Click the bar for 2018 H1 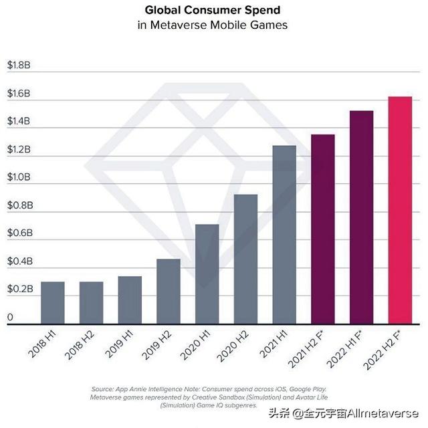click(x=53, y=303)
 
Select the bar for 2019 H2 click(x=169, y=292)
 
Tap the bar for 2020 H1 click(x=207, y=274)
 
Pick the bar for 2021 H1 click(x=284, y=235)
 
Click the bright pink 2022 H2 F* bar click(x=400, y=211)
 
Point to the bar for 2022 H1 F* click(x=361, y=217)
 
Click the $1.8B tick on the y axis click(x=19, y=66)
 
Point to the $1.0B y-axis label click(x=19, y=178)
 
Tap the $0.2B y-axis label click(x=19, y=290)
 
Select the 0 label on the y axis click(x=9, y=317)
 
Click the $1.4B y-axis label click(x=19, y=122)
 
